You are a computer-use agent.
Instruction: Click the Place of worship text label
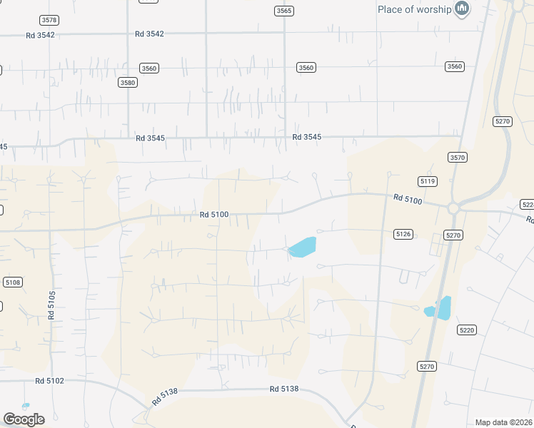click(414, 9)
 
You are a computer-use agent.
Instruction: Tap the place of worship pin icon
click(462, 9)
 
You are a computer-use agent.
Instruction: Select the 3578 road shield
click(49, 20)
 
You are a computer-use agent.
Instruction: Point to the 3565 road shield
click(283, 11)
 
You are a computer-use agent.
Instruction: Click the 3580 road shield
click(128, 82)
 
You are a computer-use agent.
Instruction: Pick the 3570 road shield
click(458, 157)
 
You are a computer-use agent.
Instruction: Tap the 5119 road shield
click(428, 181)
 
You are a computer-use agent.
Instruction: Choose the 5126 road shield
click(403, 233)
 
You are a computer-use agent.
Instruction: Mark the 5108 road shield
click(13, 282)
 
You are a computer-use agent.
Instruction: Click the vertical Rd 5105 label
click(51, 305)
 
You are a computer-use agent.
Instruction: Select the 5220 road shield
click(467, 330)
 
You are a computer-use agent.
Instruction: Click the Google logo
click(24, 419)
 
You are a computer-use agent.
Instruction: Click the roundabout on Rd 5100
click(452, 208)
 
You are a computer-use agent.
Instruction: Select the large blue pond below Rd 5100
click(303, 247)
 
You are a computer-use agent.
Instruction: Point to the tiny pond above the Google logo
click(26, 406)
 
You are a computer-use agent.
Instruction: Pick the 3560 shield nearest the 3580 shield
click(149, 68)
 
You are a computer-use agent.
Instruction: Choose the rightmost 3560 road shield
click(454, 66)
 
